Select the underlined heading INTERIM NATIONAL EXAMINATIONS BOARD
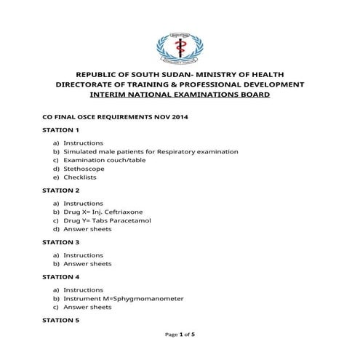coord(180,95)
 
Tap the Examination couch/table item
coord(95,160)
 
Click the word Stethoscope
coord(80,169)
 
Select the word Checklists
coord(80,177)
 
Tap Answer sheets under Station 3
coord(87,264)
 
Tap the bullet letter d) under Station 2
coord(55,228)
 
